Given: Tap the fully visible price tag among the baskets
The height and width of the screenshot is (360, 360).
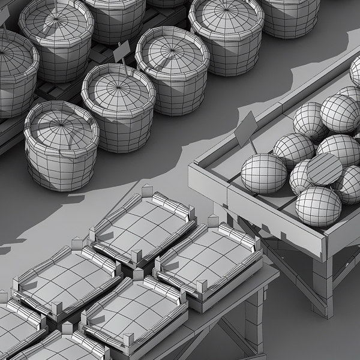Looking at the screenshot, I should tap(122, 51).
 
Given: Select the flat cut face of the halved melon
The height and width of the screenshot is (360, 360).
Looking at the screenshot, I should tap(325, 169).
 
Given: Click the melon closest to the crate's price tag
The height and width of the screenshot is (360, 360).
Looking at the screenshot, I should tap(264, 173).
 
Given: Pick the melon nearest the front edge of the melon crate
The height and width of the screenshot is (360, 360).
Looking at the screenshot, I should tap(318, 206).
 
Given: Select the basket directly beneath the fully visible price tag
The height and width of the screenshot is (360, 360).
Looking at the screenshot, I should tap(118, 96).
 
